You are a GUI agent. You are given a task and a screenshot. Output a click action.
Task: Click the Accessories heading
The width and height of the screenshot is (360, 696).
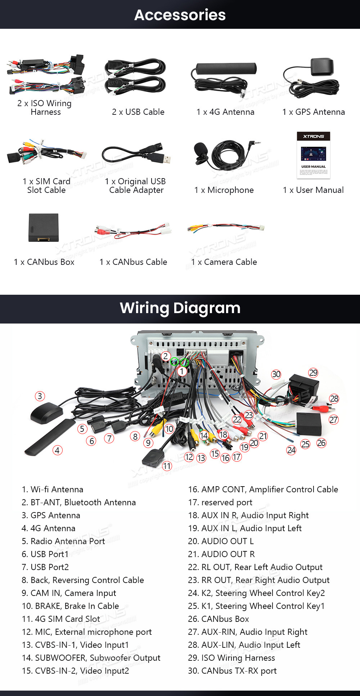tap(180, 15)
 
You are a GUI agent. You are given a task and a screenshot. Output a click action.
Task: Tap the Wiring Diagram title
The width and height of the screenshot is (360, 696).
tap(180, 308)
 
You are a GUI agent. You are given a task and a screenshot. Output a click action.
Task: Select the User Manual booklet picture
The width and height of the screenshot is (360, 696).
tap(314, 155)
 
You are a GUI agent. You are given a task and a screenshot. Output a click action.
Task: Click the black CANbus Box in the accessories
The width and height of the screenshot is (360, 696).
tap(44, 227)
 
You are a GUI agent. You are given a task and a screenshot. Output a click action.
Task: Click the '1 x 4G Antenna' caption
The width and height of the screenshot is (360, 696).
tap(225, 112)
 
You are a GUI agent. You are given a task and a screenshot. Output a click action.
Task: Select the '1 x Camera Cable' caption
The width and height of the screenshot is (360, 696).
tap(224, 262)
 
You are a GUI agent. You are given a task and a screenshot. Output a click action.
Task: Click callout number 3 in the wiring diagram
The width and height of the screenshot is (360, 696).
tap(40, 396)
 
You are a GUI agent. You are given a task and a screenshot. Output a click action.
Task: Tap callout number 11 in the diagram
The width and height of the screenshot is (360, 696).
tap(167, 466)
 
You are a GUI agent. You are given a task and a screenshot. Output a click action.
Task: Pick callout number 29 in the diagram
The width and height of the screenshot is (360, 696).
tap(313, 372)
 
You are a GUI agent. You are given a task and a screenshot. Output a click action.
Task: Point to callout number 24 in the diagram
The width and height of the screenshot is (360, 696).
tap(291, 450)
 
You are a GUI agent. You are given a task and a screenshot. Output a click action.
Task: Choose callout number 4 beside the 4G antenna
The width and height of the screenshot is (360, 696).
tap(57, 450)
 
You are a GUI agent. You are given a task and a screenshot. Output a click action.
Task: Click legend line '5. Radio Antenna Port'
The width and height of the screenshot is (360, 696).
tap(63, 541)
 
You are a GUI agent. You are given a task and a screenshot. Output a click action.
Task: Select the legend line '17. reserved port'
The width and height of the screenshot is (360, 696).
tap(220, 502)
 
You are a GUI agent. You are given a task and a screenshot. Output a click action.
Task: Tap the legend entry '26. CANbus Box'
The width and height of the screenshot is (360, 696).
tap(218, 619)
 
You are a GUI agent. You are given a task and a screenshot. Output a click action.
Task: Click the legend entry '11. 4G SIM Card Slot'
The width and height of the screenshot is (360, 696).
tap(61, 619)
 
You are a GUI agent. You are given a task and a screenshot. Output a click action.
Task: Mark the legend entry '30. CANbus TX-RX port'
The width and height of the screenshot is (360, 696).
tap(232, 671)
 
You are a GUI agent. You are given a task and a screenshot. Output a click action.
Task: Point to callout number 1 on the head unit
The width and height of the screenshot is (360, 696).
tap(182, 371)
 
